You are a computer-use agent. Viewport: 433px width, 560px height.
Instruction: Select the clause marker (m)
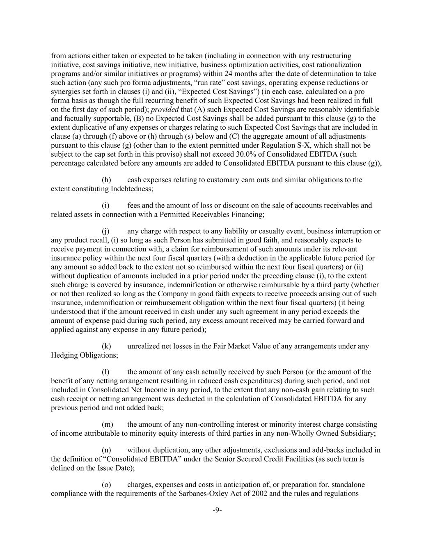click(x=107, y=424)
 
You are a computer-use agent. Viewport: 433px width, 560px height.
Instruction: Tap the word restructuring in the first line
click(x=331, y=56)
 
